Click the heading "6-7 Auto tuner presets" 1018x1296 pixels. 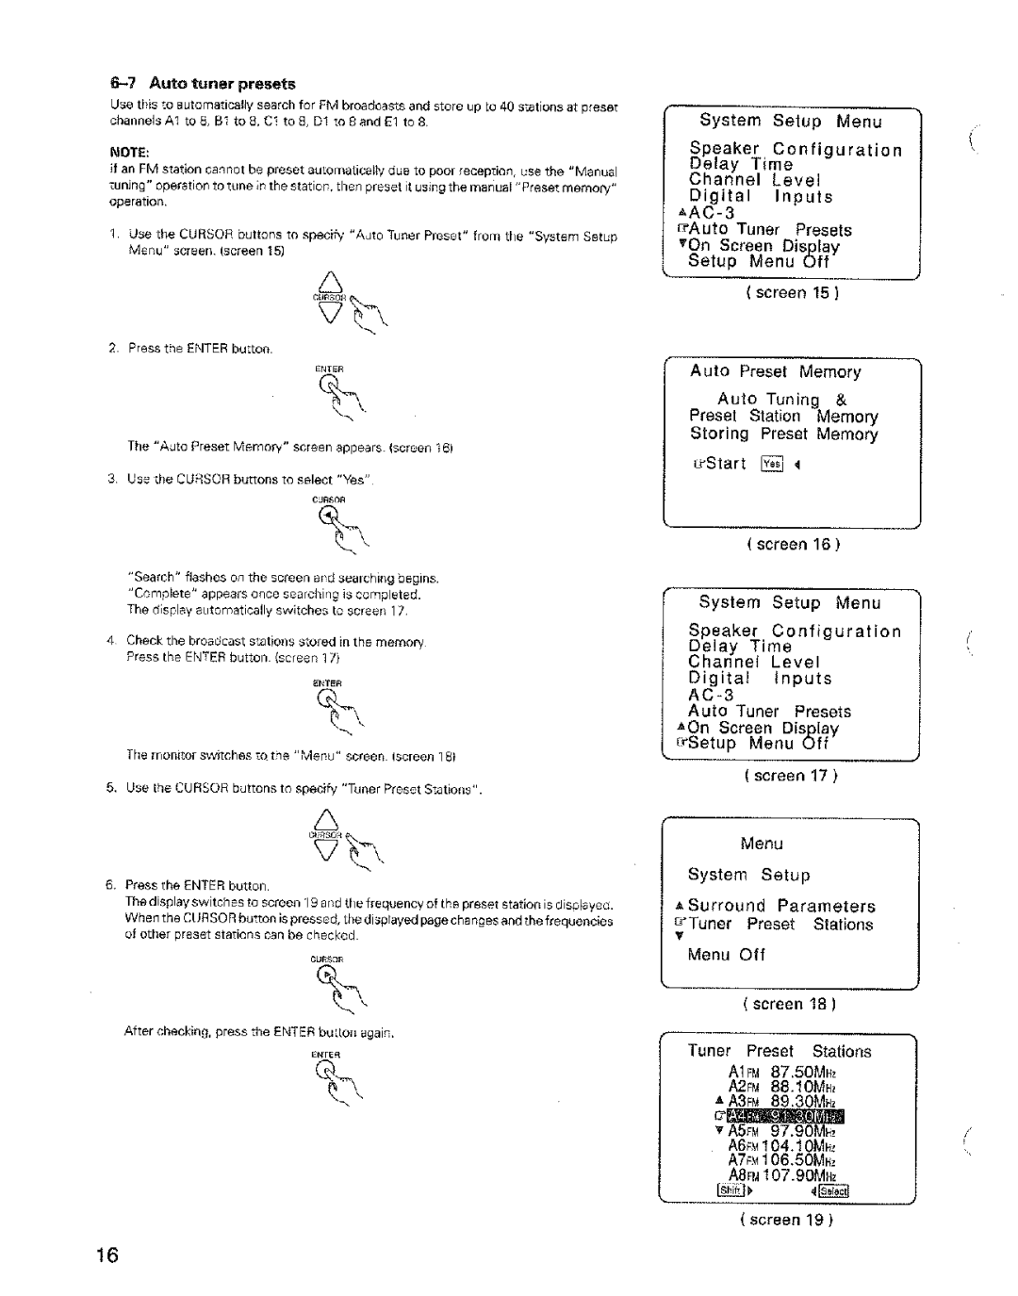(x=204, y=84)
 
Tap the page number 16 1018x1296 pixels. (x=107, y=1255)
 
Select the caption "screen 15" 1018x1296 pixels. (x=792, y=293)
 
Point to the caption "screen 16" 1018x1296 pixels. (x=792, y=545)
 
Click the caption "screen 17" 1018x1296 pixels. (x=792, y=776)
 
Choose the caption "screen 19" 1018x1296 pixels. (x=790, y=1219)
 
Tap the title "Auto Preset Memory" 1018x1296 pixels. (x=776, y=371)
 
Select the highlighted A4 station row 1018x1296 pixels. (x=790, y=1119)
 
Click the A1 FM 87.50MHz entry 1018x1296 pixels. (x=782, y=1073)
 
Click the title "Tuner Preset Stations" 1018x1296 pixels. (x=780, y=1051)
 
